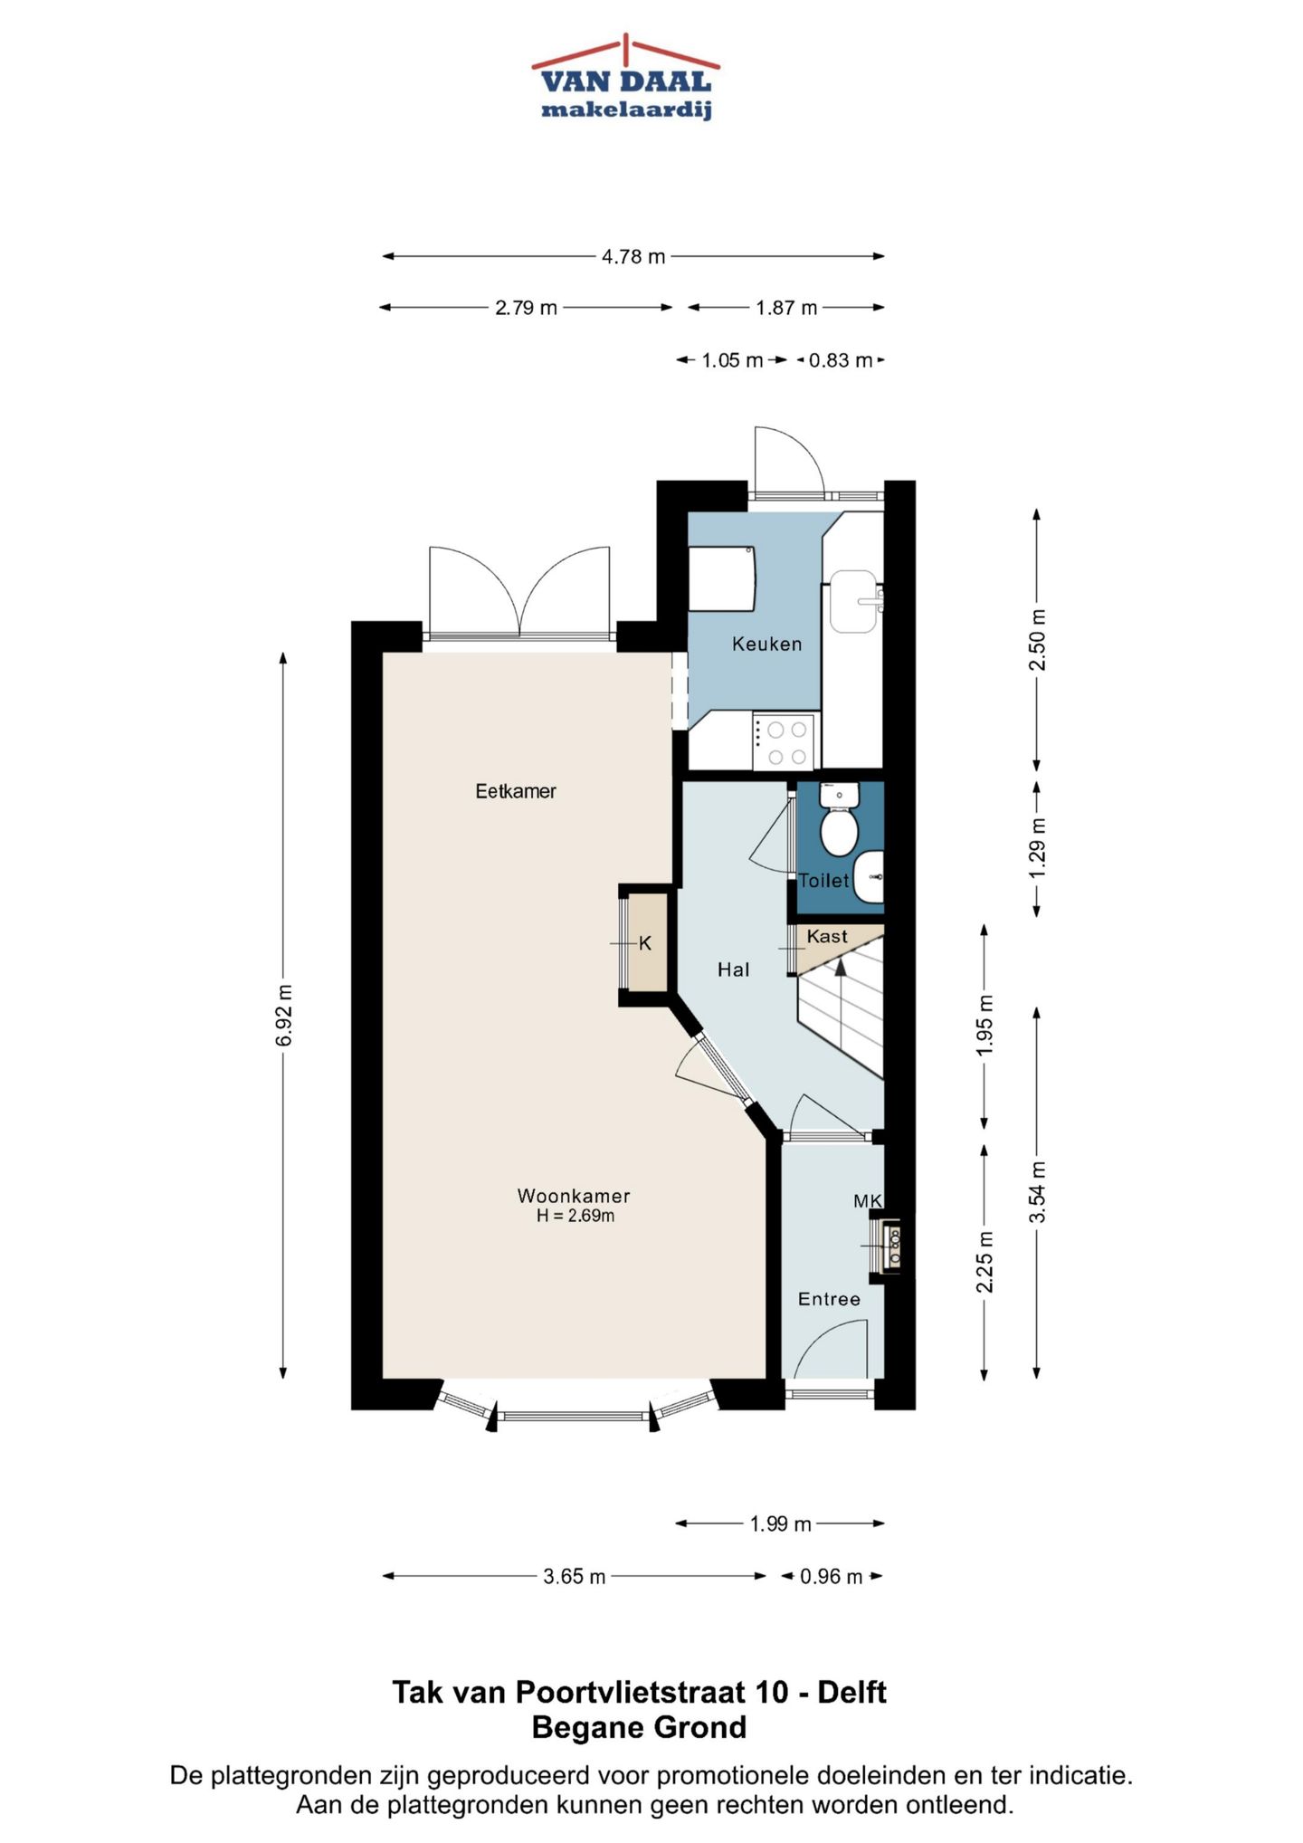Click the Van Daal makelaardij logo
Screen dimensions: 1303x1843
pyautogui.click(x=625, y=77)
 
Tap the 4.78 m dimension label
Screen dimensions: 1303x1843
pyautogui.click(x=633, y=257)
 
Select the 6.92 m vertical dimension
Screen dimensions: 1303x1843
pyautogui.click(x=283, y=1015)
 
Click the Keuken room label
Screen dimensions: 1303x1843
pyautogui.click(x=767, y=645)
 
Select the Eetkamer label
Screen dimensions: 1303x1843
pyautogui.click(x=516, y=791)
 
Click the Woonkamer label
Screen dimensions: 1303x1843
pyautogui.click(x=574, y=1196)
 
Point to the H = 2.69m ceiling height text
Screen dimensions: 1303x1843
pyautogui.click(x=575, y=1216)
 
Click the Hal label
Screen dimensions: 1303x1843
pyautogui.click(x=734, y=969)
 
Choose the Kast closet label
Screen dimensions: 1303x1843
pyautogui.click(x=827, y=936)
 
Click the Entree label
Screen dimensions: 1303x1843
pyautogui.click(x=829, y=1299)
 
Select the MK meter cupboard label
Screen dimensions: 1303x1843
pyautogui.click(x=868, y=1201)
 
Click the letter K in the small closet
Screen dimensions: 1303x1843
pyautogui.click(x=645, y=943)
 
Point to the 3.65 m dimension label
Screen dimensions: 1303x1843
pyautogui.click(x=575, y=1577)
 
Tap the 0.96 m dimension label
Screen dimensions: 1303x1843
pyautogui.click(x=832, y=1577)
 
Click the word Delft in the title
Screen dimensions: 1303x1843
pyautogui.click(x=852, y=1692)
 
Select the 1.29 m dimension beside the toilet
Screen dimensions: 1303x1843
pyautogui.click(x=1037, y=847)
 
